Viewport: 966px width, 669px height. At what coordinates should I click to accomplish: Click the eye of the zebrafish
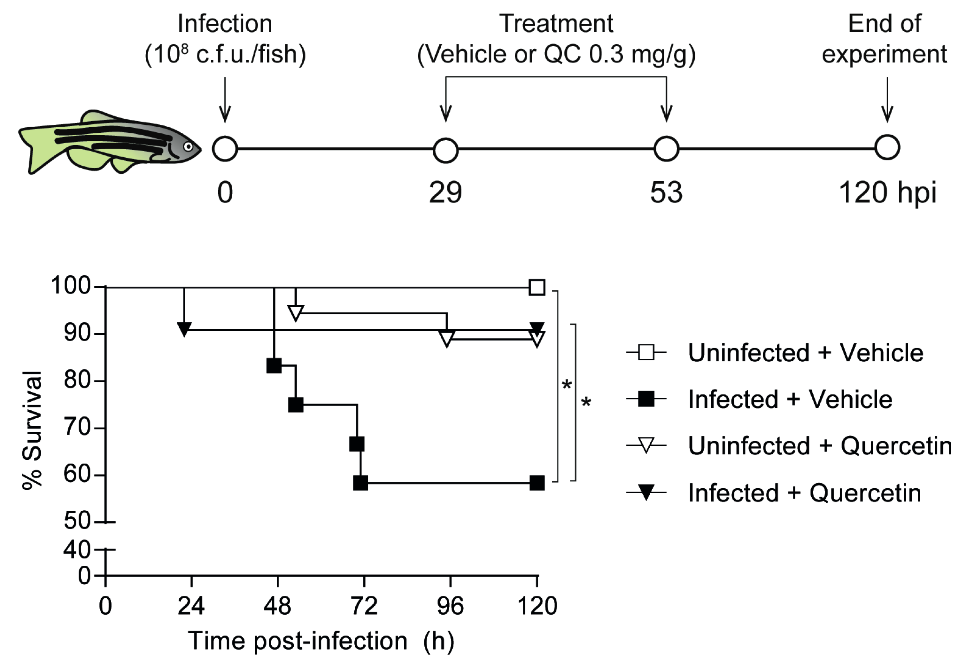pos(189,147)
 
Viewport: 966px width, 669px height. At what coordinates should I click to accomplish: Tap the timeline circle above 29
pos(446,150)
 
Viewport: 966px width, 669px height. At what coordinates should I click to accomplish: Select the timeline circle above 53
pos(666,149)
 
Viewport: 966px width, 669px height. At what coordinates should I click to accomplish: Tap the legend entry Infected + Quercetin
pos(804,492)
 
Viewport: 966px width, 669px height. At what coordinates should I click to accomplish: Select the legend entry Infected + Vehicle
pos(790,399)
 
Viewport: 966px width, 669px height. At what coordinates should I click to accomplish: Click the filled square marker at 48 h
pos(274,366)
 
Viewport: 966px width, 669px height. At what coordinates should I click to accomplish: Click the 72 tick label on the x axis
pos(364,606)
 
